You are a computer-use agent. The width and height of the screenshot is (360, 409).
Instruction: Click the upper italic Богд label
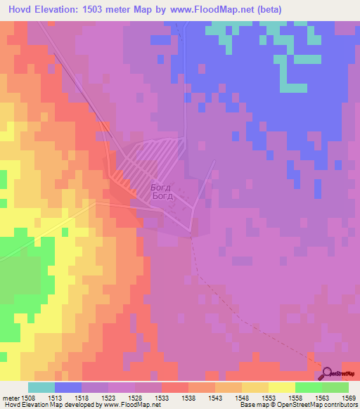click(x=160, y=188)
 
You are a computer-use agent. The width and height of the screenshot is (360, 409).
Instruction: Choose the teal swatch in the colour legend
click(x=41, y=387)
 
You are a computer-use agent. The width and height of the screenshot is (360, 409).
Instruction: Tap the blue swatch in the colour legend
click(x=67, y=387)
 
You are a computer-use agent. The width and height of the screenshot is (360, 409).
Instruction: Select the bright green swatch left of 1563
click(x=308, y=387)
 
